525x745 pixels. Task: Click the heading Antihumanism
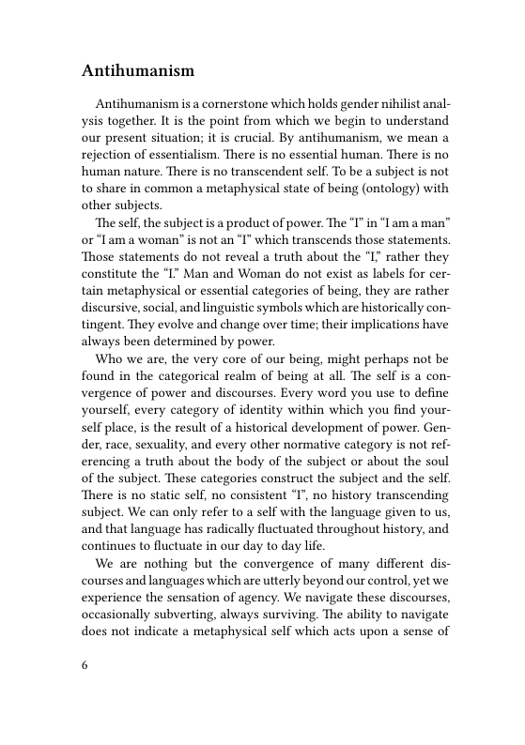[x=138, y=70]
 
